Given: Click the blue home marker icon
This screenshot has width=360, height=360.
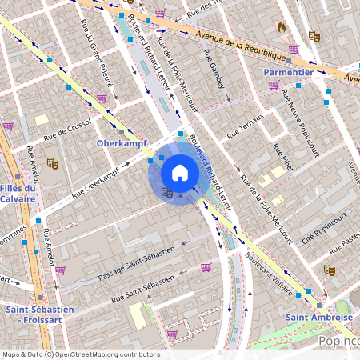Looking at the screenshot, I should [x=180, y=173].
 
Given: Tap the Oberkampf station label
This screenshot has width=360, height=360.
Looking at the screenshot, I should [x=118, y=143].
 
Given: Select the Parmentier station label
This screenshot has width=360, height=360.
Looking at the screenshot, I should [x=288, y=72].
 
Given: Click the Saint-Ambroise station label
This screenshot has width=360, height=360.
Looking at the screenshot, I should [x=319, y=317].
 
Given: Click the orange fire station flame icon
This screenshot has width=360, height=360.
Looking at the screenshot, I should [x=282, y=26].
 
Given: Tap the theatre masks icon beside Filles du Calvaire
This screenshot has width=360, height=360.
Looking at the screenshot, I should [x=53, y=163].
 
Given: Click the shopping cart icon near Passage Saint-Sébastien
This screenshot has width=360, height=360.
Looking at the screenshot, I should [x=206, y=267].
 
